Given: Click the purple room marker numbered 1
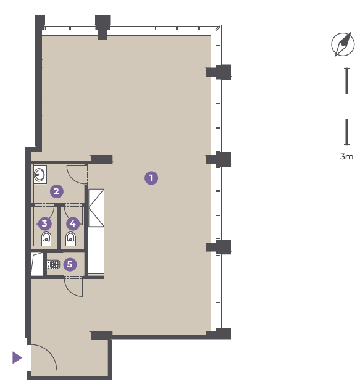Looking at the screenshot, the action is (x=151, y=178).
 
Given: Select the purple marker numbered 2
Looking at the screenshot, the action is (x=57, y=191).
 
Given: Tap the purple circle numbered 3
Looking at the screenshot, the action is (x=45, y=223).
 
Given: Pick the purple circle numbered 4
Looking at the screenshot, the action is (x=73, y=223).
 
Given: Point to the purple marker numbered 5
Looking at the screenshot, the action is (x=70, y=264).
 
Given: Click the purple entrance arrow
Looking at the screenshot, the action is (x=17, y=357).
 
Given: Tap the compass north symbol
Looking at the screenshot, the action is (x=343, y=44).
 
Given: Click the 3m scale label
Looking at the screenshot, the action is (x=346, y=157).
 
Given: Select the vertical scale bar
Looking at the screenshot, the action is (x=346, y=106).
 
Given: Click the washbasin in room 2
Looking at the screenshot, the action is (x=40, y=175).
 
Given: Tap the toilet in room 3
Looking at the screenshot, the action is (x=46, y=239).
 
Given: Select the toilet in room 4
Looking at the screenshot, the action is (x=70, y=239).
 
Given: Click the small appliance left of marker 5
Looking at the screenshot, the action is (x=53, y=264).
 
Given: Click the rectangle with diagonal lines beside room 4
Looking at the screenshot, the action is (x=96, y=208).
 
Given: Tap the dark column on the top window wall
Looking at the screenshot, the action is (x=103, y=28).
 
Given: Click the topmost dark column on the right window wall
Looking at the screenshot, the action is (x=218, y=72).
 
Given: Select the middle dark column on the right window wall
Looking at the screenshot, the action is (x=218, y=159).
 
